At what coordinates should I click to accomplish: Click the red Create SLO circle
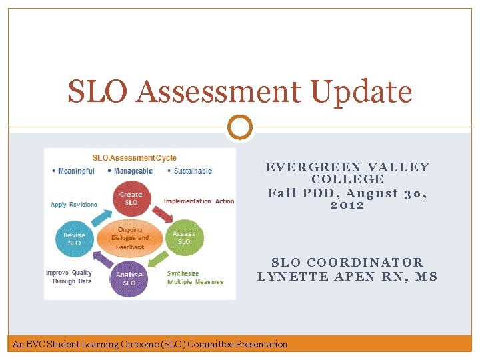tap(131, 199)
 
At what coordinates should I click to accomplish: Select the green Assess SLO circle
tap(184, 237)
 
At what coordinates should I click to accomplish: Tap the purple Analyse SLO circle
tap(129, 279)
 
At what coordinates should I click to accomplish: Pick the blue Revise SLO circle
tap(74, 239)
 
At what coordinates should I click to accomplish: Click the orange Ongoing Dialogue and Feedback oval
tap(130, 238)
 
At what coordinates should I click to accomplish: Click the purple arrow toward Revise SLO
tap(99, 262)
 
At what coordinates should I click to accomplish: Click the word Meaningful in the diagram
tap(76, 171)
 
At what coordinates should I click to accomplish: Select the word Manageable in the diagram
tap(133, 171)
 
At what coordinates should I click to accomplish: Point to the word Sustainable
tap(193, 171)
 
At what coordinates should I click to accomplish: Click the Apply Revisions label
tap(74, 205)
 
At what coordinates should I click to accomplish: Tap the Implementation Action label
tap(199, 201)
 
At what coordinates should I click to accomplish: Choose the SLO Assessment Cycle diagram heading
tap(135, 158)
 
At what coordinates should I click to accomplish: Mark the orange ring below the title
tap(240, 127)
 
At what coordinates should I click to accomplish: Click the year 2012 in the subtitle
tap(347, 205)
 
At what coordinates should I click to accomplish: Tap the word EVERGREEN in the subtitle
tap(305, 167)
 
